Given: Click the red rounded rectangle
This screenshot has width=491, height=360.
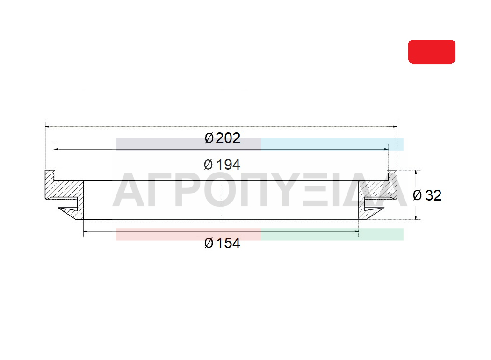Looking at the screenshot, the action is tap(432, 51).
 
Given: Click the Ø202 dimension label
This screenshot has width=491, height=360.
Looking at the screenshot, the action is tap(222, 138).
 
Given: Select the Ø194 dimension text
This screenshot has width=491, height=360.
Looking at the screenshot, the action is tap(222, 165).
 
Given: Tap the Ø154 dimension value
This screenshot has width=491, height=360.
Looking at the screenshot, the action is tap(222, 243).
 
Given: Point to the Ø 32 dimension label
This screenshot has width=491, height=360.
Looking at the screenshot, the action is tap(427, 195).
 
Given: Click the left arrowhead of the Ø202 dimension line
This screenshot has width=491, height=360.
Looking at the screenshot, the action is tap(48, 127).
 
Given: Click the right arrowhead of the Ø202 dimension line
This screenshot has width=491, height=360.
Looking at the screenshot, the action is tap(395, 127).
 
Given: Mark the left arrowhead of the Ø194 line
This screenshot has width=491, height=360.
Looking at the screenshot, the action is tap(57, 149).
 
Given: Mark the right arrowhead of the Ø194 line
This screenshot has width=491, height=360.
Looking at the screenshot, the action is tap(386, 149).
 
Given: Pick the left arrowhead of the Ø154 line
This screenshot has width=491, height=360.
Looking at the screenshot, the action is tap(86, 231).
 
